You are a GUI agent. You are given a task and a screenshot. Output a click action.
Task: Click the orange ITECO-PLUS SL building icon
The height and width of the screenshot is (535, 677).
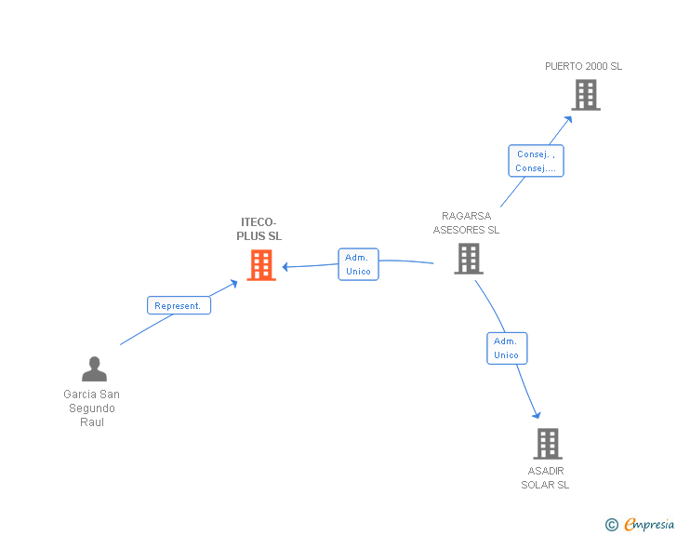(x=261, y=265)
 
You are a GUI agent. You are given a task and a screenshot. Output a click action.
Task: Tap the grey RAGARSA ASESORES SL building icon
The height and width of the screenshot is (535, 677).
(x=469, y=259)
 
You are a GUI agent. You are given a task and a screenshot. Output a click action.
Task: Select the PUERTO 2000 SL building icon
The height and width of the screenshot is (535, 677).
(x=585, y=95)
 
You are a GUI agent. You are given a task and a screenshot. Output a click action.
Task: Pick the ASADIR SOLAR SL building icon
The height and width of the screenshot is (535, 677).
(x=548, y=444)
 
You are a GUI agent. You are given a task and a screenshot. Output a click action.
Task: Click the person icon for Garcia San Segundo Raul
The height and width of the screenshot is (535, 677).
(x=94, y=369)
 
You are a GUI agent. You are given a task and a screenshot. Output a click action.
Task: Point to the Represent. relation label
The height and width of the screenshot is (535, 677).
(x=179, y=305)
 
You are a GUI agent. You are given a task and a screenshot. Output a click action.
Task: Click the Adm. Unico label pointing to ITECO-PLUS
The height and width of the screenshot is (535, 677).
(x=358, y=264)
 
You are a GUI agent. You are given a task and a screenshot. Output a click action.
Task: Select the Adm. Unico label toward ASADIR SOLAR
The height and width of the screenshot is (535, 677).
(x=507, y=348)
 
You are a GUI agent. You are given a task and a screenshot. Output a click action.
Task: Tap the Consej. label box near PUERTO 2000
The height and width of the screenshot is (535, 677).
(x=537, y=161)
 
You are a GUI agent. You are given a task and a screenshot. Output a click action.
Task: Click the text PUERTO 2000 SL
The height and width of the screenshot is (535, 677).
(x=583, y=67)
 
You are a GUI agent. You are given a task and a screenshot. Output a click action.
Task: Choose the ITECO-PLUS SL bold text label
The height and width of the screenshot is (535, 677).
(x=259, y=229)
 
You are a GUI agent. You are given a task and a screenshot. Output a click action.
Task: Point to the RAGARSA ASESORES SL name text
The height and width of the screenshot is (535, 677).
(x=466, y=223)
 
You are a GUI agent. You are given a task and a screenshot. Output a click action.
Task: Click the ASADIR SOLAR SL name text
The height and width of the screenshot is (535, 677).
(x=545, y=477)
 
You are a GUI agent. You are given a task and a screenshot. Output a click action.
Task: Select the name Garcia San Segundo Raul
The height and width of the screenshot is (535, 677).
(x=92, y=408)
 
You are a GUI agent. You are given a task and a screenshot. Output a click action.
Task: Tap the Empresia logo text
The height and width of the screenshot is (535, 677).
(x=649, y=524)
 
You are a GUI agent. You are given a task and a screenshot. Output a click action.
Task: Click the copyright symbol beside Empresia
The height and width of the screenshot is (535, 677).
(x=612, y=525)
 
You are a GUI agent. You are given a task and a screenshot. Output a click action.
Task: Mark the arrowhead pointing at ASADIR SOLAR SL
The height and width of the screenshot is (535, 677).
(x=536, y=414)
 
